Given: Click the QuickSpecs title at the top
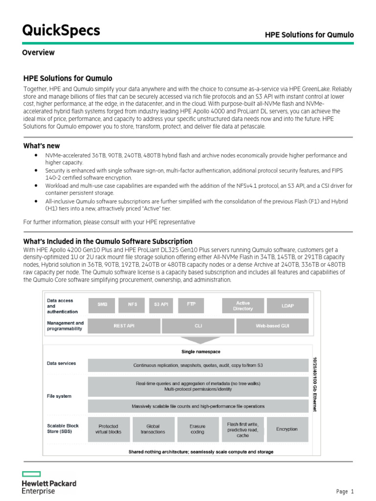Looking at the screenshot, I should [61, 30].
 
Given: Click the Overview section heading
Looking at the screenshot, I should [38, 52].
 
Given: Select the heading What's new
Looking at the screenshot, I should [42, 146].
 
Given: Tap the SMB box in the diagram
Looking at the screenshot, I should [102, 304].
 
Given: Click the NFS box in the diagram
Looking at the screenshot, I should [132, 304].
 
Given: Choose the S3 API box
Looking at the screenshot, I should [161, 304].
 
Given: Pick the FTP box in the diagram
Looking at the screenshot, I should [191, 304].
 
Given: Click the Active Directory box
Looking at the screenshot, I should [243, 306].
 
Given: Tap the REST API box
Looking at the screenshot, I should [124, 325].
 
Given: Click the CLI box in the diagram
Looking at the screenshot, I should [198, 325].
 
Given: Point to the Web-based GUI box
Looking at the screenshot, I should [272, 325].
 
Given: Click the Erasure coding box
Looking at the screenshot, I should [197, 429].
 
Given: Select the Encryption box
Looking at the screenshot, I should [286, 429].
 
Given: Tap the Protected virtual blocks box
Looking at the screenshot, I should [109, 429].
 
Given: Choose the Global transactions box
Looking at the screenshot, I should [153, 429].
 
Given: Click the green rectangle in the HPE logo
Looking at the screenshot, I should [31, 474].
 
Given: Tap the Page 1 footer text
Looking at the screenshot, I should [345, 492].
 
